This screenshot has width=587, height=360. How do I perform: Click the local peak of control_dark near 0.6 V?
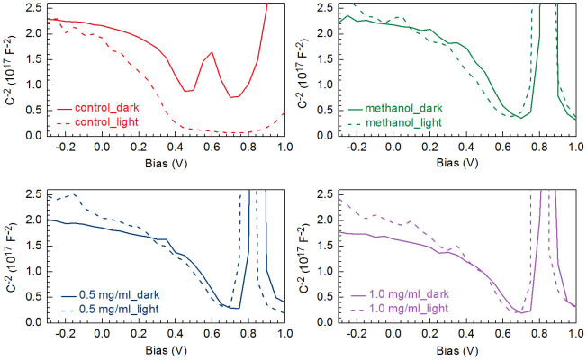(x=212, y=52)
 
